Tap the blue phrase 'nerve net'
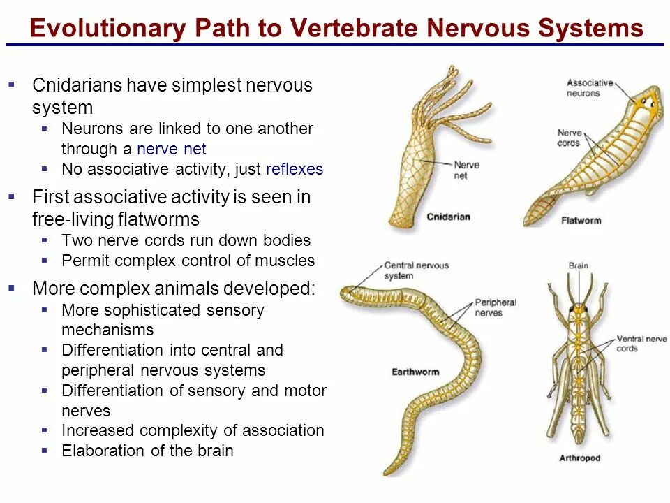172,149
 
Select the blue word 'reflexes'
295,170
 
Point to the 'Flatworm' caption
581,221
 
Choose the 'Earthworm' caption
415,372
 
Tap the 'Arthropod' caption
579,459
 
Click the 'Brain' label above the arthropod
579,265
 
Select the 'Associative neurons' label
590,87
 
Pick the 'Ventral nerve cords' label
641,344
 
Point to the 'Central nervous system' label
417,270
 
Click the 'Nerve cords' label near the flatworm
569,138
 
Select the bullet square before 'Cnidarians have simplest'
11,85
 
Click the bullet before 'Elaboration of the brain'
45,450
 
